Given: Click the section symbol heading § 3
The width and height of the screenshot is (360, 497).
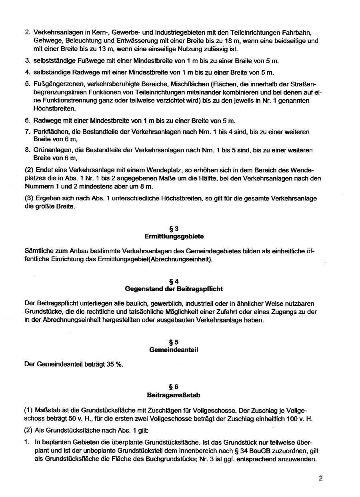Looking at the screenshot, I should [174, 229].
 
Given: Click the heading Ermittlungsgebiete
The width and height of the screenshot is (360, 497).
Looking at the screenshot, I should [174, 236].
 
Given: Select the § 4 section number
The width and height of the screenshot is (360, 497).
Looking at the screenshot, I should [174, 281].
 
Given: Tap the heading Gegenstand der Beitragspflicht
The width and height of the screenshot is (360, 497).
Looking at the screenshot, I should [174, 289].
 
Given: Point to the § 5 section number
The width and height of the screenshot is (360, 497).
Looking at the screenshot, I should [174, 342].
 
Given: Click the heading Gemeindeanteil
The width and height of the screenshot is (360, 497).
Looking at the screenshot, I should [174, 349].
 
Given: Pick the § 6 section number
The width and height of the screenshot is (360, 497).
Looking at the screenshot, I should [174, 387].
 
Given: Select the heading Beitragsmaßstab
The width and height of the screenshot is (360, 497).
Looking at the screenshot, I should [174, 395].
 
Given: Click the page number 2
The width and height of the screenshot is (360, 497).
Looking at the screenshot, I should [320, 478].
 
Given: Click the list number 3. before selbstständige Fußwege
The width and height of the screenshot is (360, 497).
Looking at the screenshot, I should [28, 61].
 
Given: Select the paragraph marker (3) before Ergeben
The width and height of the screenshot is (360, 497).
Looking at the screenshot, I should [29, 199].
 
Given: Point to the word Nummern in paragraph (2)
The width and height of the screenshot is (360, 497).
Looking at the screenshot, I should [40, 186].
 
